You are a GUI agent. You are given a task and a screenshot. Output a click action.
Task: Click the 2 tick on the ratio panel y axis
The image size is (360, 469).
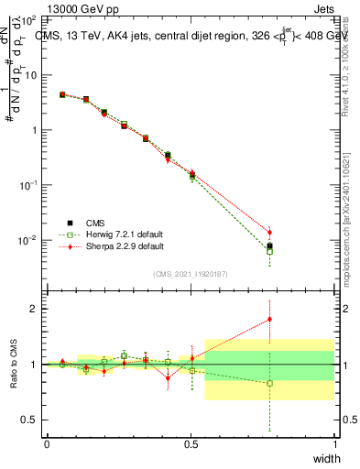(x=33, y=309)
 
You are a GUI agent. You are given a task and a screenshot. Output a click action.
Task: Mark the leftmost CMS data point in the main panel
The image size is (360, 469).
(x=62, y=94)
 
